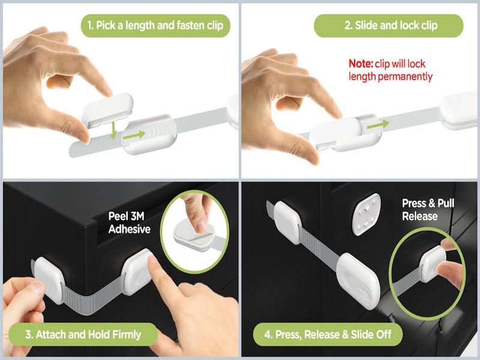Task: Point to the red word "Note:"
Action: (361, 64)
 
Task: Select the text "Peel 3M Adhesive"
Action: (129, 223)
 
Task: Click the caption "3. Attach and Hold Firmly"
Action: (83, 334)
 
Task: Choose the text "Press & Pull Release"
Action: (428, 209)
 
